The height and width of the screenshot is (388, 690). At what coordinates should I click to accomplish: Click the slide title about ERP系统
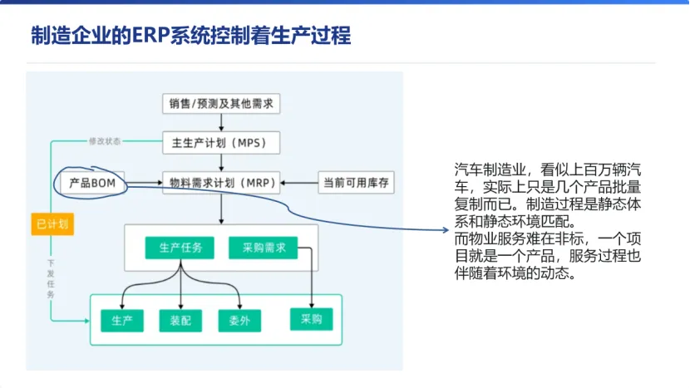tap(190, 36)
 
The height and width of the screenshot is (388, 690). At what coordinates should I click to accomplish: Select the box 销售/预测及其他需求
tap(221, 104)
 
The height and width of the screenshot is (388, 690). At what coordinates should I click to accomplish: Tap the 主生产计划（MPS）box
tap(221, 143)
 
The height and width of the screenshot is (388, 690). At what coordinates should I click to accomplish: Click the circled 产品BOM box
tap(91, 182)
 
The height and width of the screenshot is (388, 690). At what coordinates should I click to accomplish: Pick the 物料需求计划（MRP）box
tap(221, 182)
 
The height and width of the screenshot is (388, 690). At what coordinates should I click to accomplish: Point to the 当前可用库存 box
tap(355, 182)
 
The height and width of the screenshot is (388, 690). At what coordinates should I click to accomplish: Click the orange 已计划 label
tap(52, 223)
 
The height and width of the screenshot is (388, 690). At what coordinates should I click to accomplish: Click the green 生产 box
tap(121, 320)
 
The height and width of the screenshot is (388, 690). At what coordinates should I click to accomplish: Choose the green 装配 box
tap(180, 320)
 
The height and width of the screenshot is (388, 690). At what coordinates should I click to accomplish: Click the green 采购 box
tap(311, 318)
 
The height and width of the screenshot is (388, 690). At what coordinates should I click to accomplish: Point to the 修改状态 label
tap(105, 141)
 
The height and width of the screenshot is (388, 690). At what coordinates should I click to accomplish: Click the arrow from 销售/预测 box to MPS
tap(221, 123)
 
